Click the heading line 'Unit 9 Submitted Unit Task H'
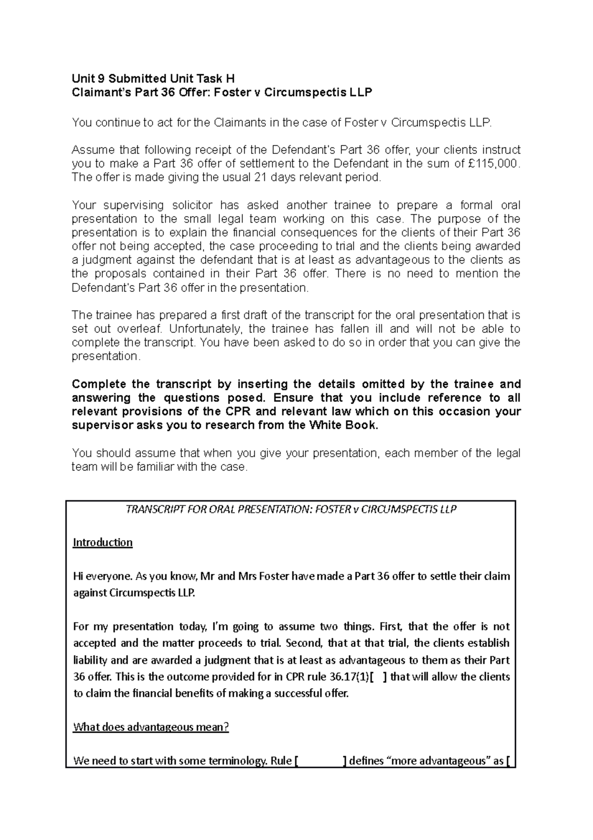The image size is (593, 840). [x=153, y=78]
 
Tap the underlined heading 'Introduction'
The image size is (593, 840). [x=103, y=543]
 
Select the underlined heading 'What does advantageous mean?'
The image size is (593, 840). [x=151, y=727]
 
